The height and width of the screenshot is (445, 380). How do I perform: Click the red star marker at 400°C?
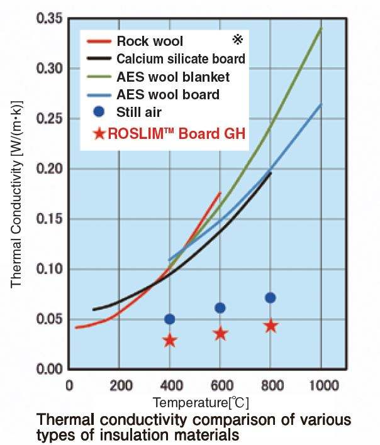pyautogui.click(x=169, y=340)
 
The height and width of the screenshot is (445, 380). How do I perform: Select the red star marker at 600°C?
pyautogui.click(x=220, y=333)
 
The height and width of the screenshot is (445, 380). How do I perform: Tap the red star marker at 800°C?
pyautogui.click(x=271, y=326)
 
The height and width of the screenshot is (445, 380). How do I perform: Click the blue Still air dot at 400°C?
pyautogui.click(x=169, y=319)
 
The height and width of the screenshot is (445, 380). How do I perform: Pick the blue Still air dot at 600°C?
pyautogui.click(x=220, y=308)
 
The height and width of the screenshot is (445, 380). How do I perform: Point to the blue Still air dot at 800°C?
pyautogui.click(x=271, y=297)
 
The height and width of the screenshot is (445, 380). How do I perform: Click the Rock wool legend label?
pyautogui.click(x=150, y=41)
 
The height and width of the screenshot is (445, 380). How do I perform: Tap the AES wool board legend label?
pyautogui.click(x=167, y=96)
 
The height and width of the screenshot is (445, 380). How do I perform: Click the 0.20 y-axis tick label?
pyautogui.click(x=50, y=168)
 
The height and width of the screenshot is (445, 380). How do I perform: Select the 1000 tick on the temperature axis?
pyautogui.click(x=321, y=385)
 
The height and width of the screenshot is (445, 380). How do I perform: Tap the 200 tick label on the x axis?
pyautogui.click(x=119, y=385)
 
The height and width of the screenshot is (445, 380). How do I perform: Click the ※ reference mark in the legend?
pyautogui.click(x=237, y=40)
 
